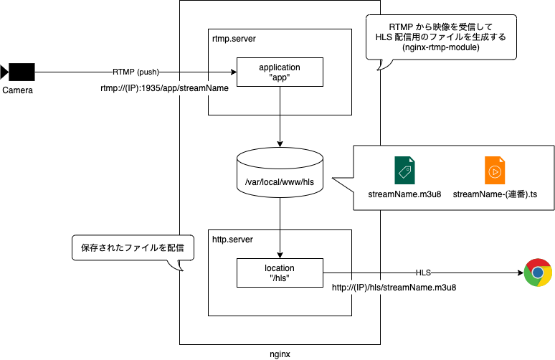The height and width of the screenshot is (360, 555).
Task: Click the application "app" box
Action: [279, 72]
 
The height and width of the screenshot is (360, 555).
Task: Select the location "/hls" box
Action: [279, 273]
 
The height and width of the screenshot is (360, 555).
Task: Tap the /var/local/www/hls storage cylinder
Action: [279, 176]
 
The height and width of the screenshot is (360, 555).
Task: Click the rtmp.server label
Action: [234, 38]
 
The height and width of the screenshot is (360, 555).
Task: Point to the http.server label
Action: [233, 239]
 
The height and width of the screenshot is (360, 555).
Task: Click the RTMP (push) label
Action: [136, 72]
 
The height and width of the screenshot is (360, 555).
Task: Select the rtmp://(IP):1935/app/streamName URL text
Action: [161, 88]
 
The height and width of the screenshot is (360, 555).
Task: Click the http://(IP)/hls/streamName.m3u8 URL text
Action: [399, 288]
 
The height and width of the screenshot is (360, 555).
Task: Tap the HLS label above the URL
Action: [424, 273]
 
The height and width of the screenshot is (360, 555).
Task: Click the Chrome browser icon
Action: [537, 273]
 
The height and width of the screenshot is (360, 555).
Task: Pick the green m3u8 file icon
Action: [405, 171]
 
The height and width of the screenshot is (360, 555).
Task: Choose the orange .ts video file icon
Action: [495, 171]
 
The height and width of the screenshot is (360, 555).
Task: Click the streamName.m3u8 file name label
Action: [405, 194]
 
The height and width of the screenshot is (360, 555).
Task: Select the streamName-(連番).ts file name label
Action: [495, 194]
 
